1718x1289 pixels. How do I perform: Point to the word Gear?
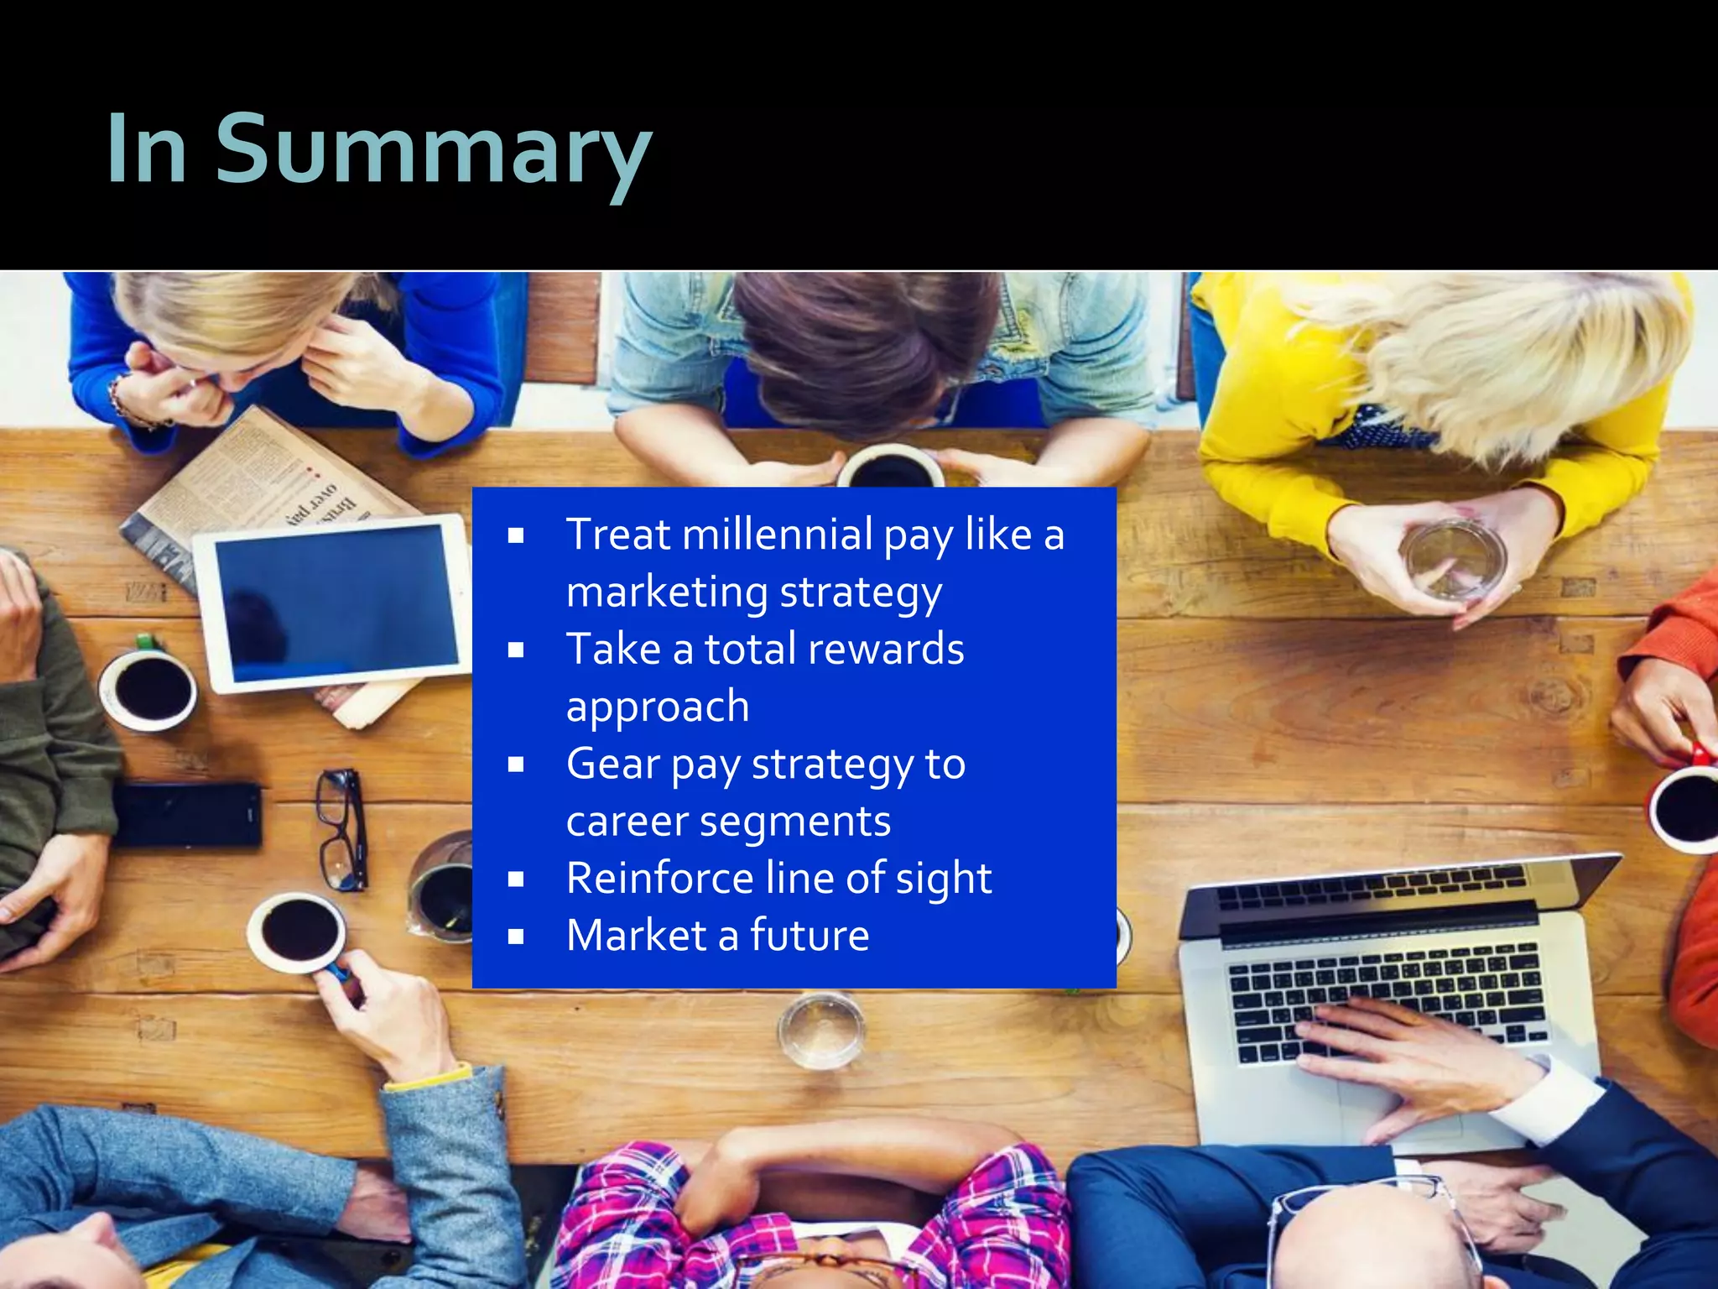click(x=613, y=765)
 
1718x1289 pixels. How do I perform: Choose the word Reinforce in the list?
click(x=659, y=879)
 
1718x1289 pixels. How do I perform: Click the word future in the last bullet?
click(x=810, y=936)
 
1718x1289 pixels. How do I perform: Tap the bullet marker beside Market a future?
click(x=516, y=937)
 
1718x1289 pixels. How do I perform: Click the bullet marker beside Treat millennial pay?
click(x=516, y=535)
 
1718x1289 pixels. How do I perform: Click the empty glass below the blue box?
click(x=820, y=1031)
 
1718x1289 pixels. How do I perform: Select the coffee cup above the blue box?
click(x=890, y=467)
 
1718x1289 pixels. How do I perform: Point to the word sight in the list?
click(x=943, y=879)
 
